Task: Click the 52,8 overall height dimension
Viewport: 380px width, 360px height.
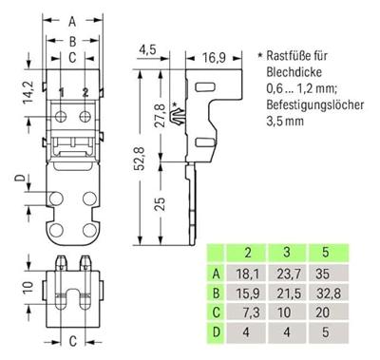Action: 141,159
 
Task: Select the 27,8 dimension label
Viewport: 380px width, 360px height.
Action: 161,114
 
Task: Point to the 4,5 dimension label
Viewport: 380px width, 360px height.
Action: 147,49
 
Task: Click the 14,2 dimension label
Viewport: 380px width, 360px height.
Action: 28,92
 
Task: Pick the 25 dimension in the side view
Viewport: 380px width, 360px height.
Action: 161,204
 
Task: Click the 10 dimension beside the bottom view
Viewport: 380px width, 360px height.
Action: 28,287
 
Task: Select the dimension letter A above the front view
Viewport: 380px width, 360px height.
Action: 72,22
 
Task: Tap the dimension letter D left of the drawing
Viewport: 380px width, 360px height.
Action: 20,178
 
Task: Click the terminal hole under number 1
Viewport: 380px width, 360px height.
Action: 60,117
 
